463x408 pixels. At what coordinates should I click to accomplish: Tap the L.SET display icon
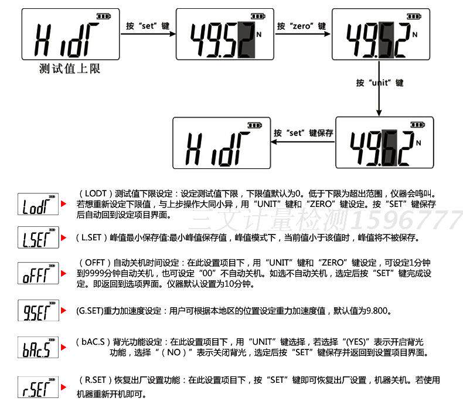pyautogui.click(x=38, y=239)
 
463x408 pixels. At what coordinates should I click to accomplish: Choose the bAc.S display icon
pyautogui.click(x=38, y=348)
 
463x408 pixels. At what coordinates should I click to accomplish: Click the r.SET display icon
pyautogui.click(x=38, y=386)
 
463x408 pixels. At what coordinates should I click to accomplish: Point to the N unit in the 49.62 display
pyautogui.click(x=418, y=142)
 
